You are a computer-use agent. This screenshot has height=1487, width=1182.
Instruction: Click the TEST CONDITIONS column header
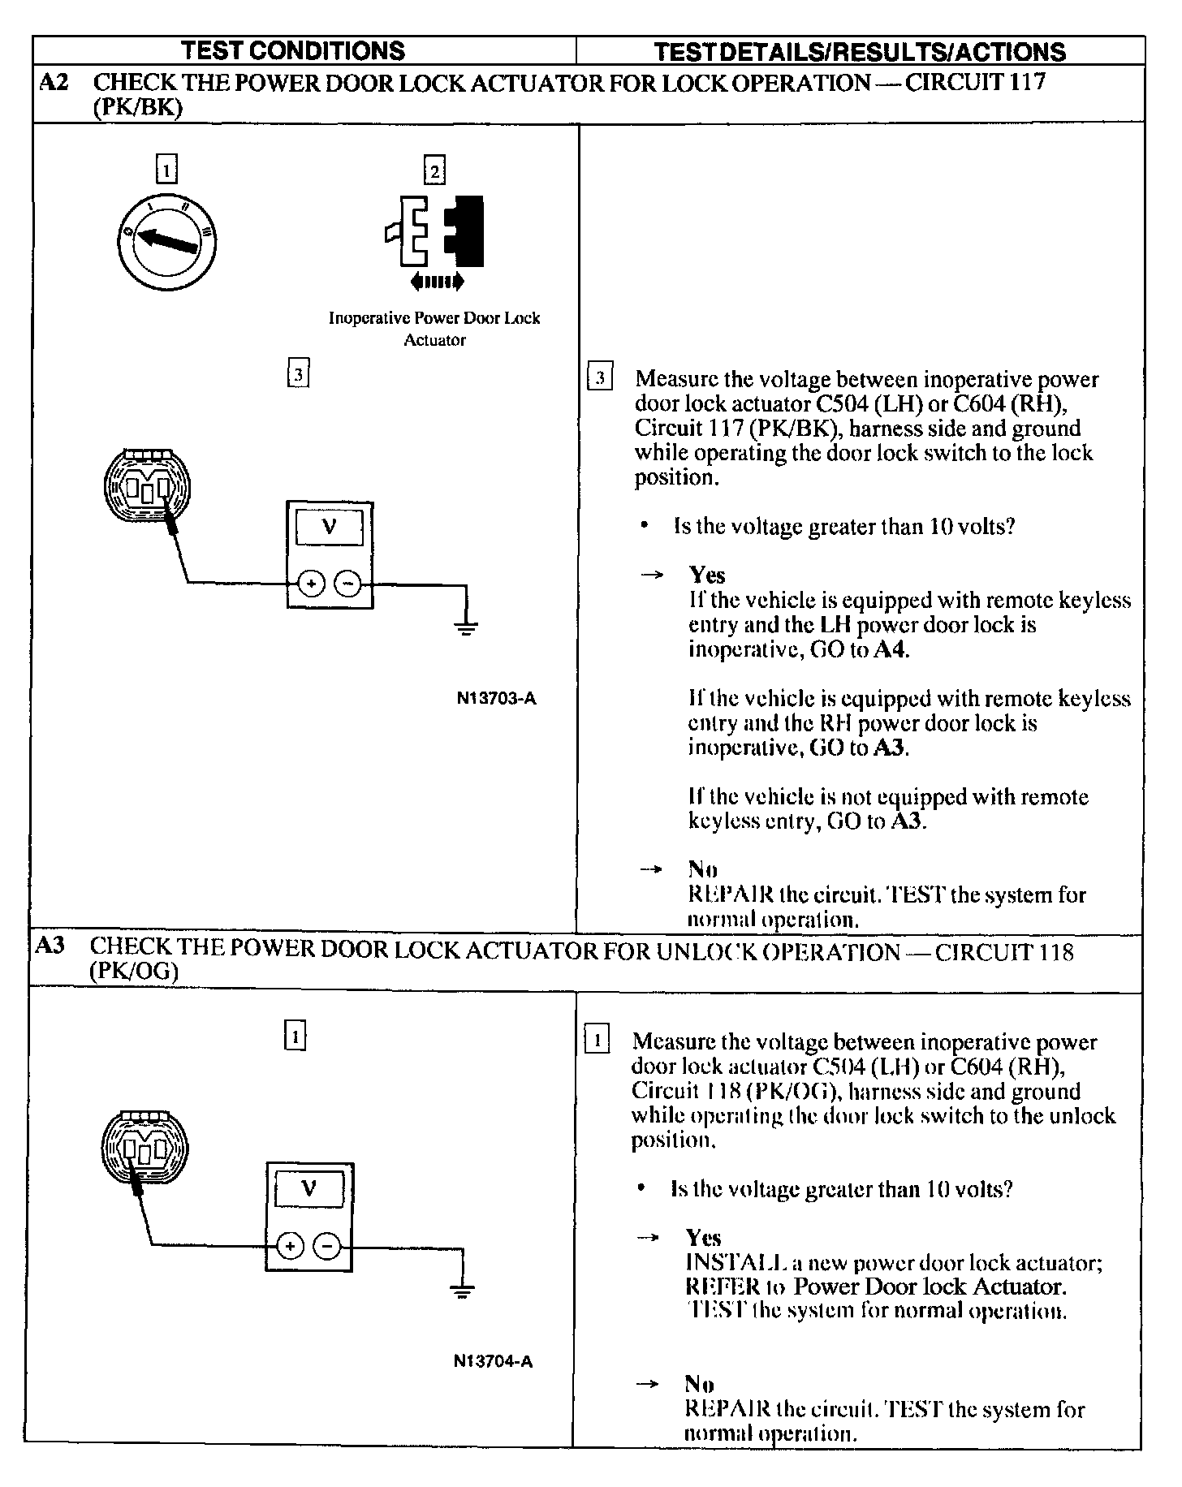click(x=293, y=50)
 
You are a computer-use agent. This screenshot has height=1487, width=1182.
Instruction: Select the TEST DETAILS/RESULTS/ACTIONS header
click(x=859, y=52)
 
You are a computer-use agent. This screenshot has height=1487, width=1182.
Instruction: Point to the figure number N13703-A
click(x=496, y=698)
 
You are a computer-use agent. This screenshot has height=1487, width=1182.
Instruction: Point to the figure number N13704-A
click(x=493, y=1361)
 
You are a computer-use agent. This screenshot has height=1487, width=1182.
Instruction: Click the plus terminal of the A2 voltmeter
click(x=311, y=583)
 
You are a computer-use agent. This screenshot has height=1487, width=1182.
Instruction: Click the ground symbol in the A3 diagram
click(x=461, y=1291)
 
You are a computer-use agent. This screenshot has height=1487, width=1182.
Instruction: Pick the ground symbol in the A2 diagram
click(x=465, y=627)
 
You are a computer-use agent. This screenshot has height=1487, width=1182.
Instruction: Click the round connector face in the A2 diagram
click(x=147, y=486)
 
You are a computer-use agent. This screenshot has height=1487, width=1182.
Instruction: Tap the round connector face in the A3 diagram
click(x=144, y=1148)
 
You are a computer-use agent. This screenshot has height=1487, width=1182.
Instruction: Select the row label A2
click(x=54, y=83)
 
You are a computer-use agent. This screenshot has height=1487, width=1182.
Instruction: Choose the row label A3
click(x=50, y=946)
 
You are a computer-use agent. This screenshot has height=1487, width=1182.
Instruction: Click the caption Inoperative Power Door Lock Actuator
click(x=434, y=329)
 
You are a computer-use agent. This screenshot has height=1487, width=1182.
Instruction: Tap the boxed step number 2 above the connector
click(x=434, y=170)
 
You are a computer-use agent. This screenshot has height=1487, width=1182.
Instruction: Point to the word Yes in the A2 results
click(x=707, y=575)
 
